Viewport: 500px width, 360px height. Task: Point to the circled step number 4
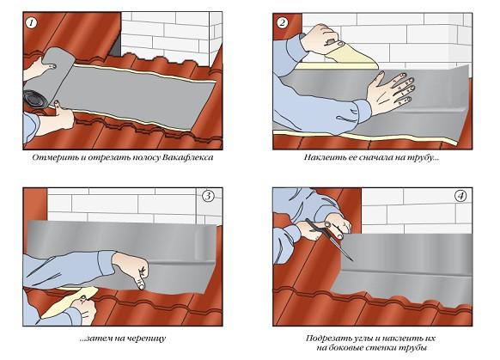(x=462, y=196)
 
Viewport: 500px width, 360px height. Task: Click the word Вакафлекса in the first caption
(x=184, y=159)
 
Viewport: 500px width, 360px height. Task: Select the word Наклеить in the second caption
(x=326, y=159)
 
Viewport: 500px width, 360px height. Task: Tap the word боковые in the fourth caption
(x=357, y=348)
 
